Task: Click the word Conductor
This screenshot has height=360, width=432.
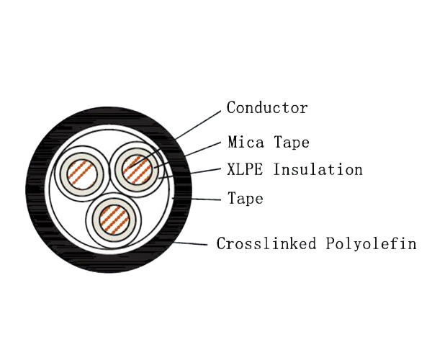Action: (267, 107)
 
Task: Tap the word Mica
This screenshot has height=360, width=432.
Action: (246, 142)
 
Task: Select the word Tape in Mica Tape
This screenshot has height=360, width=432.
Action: (292, 143)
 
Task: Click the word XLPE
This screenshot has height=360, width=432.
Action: (245, 169)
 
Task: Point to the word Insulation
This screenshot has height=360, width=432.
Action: (318, 169)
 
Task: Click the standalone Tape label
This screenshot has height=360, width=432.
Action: (246, 198)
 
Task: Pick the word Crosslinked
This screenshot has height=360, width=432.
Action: (266, 243)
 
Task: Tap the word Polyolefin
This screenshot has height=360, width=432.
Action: (371, 244)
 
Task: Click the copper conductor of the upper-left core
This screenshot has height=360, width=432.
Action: (81, 174)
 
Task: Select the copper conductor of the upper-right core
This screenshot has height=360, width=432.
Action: (137, 169)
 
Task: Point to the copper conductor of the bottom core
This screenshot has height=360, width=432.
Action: (114, 220)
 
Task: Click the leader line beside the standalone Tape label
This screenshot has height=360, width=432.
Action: (197, 199)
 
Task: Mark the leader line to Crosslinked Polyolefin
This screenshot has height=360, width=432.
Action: (191, 243)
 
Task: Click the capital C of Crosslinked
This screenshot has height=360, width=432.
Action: (221, 243)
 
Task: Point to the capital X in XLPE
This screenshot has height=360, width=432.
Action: (231, 169)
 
